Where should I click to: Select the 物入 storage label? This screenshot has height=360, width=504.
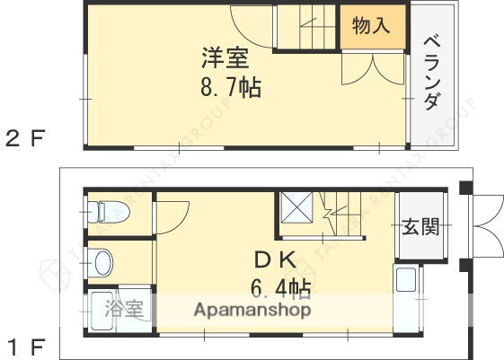[370, 26]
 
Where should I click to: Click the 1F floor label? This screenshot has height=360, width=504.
[24, 343]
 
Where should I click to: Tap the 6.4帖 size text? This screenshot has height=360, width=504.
[281, 288]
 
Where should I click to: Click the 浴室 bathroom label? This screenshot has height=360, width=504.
[124, 310]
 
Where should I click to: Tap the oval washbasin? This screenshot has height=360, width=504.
[102, 264]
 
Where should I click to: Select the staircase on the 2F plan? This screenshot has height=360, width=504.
[305, 26]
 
